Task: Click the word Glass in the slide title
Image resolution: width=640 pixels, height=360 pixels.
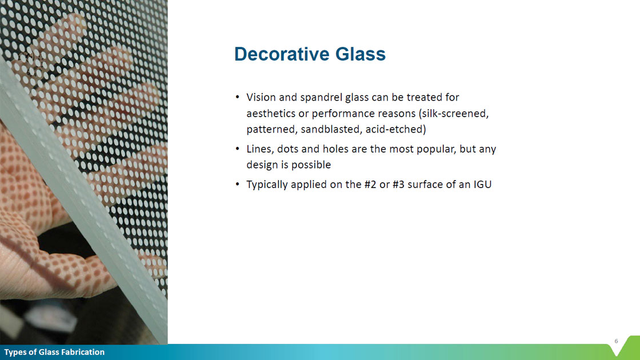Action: pyautogui.click(x=361, y=54)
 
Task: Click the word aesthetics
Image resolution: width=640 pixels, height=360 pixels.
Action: pyautogui.click(x=271, y=114)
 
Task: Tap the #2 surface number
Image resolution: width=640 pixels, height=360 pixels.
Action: pyautogui.click(x=370, y=185)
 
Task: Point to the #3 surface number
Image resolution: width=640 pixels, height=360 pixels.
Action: pyautogui.click(x=398, y=185)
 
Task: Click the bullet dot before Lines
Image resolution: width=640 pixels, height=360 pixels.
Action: pyautogui.click(x=238, y=148)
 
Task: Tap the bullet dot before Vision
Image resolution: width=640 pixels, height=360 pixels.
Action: pyautogui.click(x=238, y=97)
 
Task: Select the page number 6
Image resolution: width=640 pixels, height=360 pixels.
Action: pyautogui.click(x=617, y=341)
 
